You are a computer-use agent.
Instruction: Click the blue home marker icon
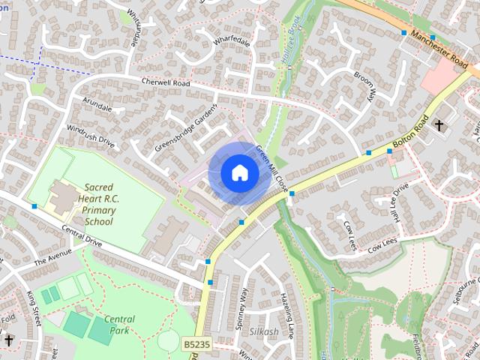coord(239,172)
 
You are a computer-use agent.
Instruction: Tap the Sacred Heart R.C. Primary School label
coord(99,204)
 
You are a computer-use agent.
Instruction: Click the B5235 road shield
coord(195,344)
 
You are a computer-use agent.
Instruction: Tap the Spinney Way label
coord(242,304)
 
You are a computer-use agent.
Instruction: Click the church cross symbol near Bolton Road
coord(439,125)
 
